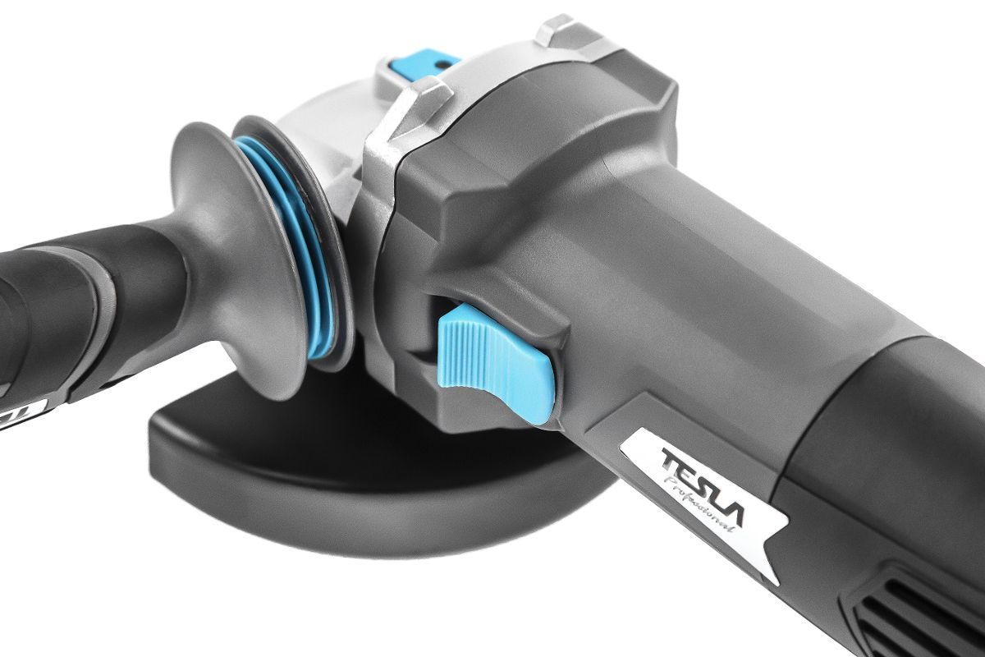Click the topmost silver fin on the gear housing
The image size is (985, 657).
pyautogui.click(x=567, y=31)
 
